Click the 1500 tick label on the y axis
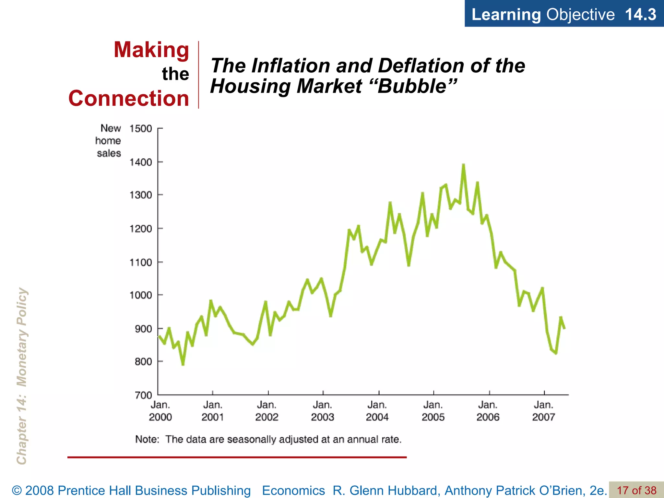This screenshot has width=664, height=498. [141, 129]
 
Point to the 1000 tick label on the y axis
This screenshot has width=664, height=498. [141, 295]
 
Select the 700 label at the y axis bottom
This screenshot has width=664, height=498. [143, 395]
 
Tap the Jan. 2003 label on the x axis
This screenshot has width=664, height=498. [322, 411]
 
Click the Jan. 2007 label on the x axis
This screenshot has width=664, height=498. [543, 411]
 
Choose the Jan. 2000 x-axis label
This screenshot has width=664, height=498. [160, 411]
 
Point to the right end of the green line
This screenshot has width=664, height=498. [564, 328]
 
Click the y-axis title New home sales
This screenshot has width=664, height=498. [108, 141]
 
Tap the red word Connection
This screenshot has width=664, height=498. [129, 99]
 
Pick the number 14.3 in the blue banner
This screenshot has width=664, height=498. [640, 14]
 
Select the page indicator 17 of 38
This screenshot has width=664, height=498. [636, 490]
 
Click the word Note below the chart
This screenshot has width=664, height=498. [147, 439]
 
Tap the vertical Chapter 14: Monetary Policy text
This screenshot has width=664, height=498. [22, 376]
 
